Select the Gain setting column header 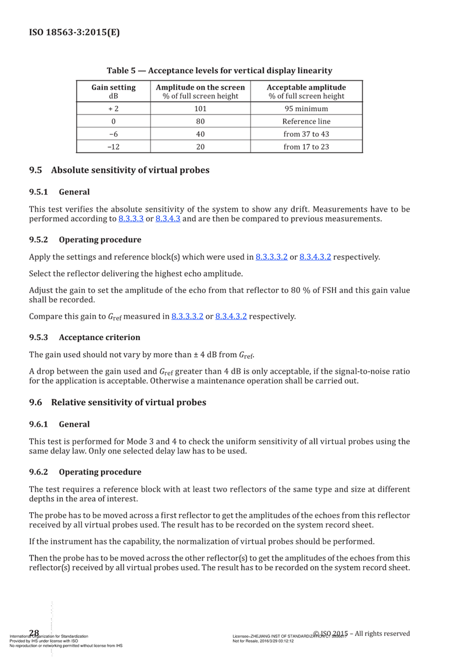pyautogui.click(x=114, y=91)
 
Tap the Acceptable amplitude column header pyautogui.click(x=306, y=91)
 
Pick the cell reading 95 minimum pyautogui.click(x=306, y=109)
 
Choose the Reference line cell pyautogui.click(x=306, y=122)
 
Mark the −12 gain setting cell pyautogui.click(x=114, y=147)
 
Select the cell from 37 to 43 pyautogui.click(x=306, y=134)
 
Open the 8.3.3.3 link pyautogui.click(x=131, y=219)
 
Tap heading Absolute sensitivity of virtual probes pyautogui.click(x=130, y=170)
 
